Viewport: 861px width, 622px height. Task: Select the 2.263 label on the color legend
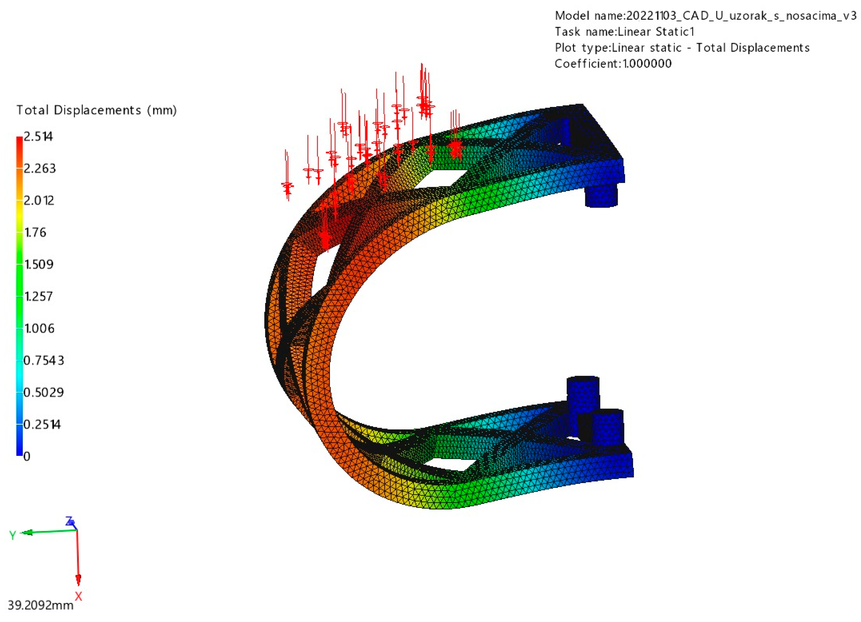tap(39, 168)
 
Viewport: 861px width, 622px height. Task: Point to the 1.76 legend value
tap(35, 232)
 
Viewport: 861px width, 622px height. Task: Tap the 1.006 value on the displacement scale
tap(39, 328)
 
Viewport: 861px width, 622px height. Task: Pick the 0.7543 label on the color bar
tap(44, 360)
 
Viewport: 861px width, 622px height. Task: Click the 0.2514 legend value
tap(42, 424)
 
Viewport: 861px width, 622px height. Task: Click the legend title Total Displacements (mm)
tap(96, 110)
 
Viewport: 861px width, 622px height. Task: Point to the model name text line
tap(705, 16)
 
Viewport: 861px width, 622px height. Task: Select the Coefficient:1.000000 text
tap(613, 63)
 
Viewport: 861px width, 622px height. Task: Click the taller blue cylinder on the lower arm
tap(583, 395)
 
